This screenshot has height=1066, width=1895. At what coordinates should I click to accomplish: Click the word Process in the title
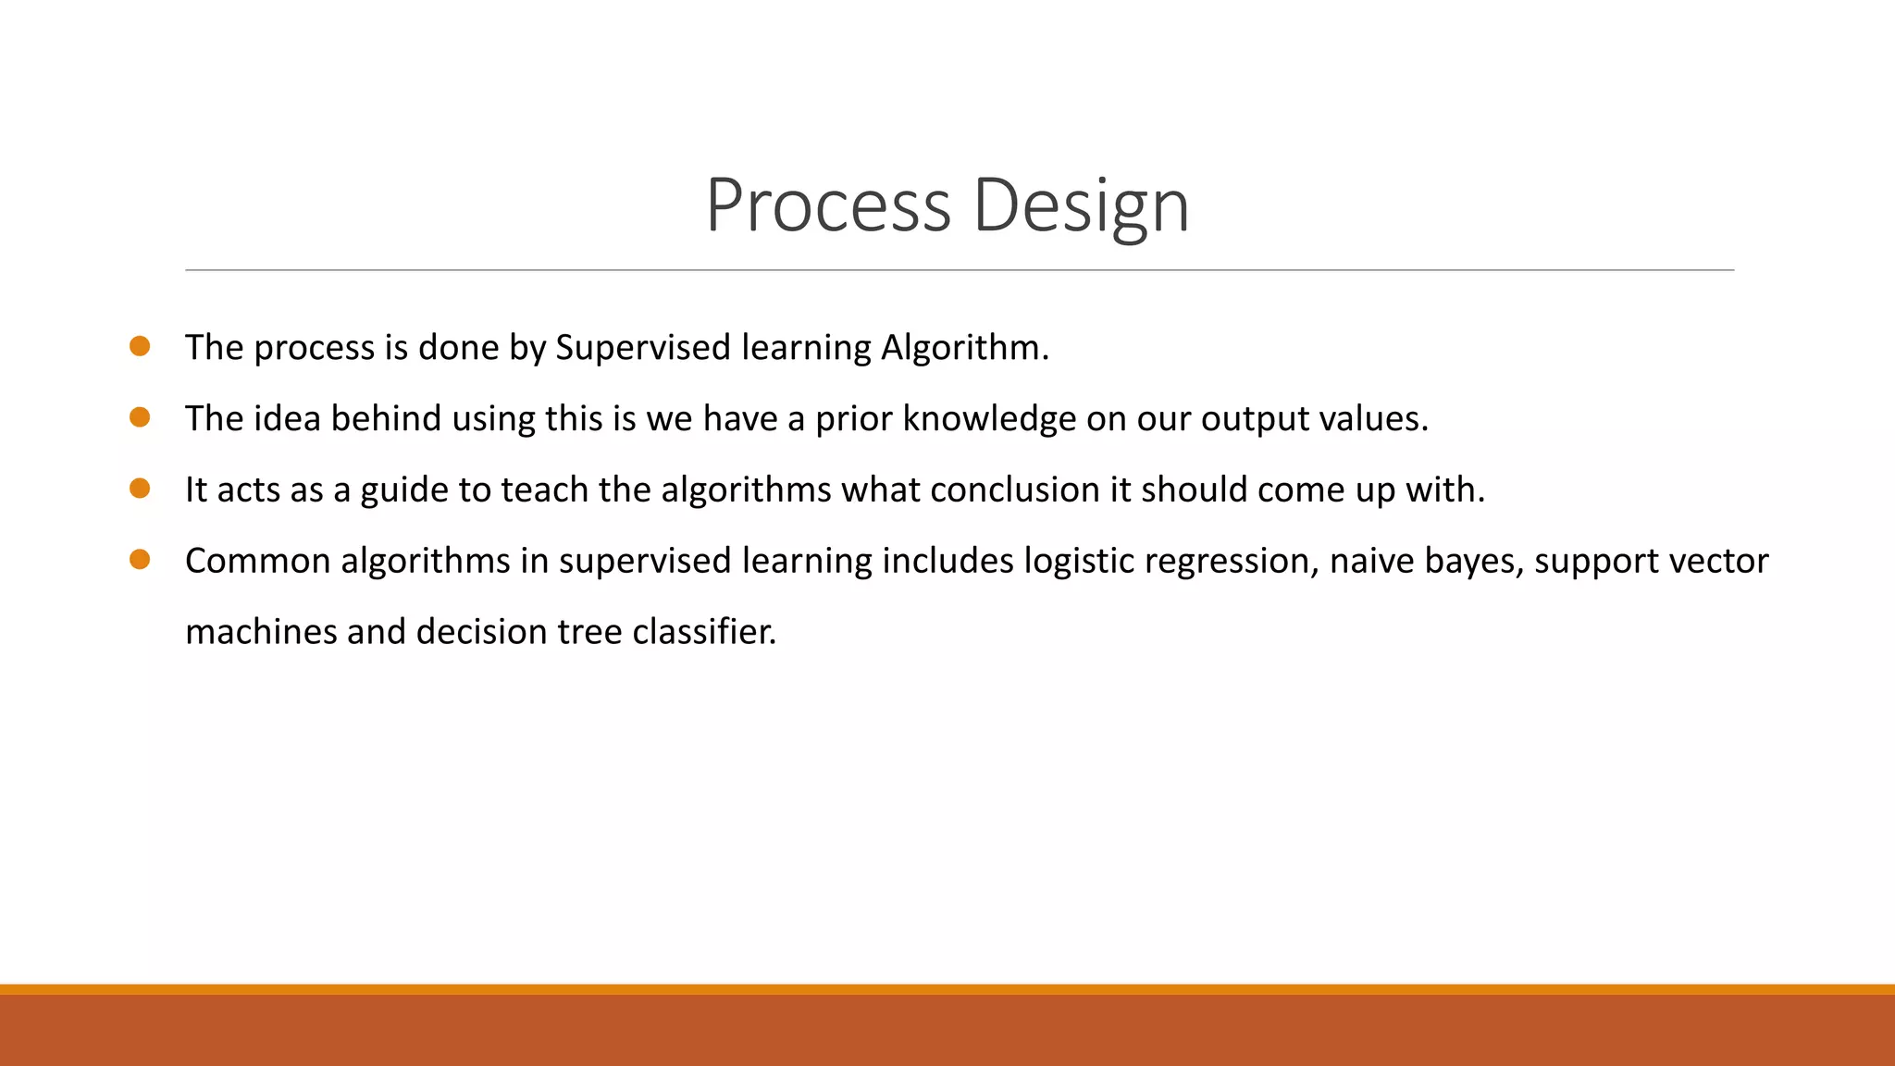point(828,205)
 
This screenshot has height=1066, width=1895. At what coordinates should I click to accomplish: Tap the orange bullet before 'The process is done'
point(140,346)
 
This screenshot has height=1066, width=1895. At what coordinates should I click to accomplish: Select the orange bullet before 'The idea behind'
point(140,417)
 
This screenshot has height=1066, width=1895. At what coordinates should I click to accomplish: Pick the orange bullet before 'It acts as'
point(140,489)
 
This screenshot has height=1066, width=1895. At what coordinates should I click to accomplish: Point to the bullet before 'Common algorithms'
point(140,559)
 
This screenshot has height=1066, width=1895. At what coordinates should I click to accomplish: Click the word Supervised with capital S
point(643,348)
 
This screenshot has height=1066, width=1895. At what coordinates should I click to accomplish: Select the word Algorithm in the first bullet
point(964,348)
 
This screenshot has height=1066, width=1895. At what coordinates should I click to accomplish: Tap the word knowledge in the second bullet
point(989,419)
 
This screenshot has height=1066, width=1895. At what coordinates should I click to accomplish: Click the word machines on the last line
point(261,632)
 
